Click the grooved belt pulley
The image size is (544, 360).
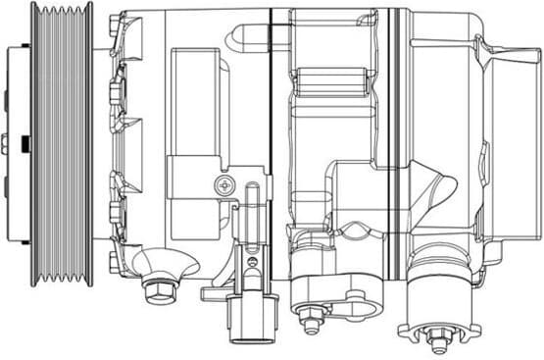(61, 144)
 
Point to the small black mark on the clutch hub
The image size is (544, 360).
(19, 143)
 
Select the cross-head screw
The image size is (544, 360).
(224, 183)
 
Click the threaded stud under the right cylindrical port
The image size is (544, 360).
(437, 341)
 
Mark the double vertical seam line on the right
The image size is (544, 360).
(396, 118)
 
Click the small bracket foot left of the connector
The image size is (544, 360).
(215, 293)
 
